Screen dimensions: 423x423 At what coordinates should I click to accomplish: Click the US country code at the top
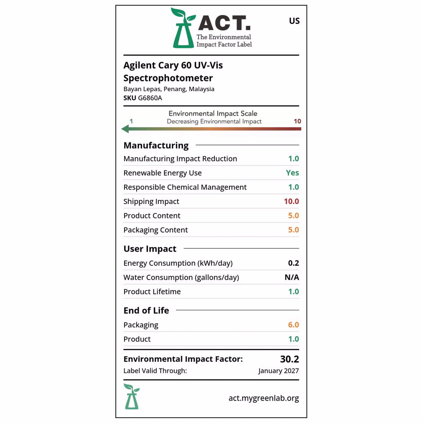pos(294,21)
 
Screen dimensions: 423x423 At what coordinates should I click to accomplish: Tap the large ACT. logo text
pos(224,23)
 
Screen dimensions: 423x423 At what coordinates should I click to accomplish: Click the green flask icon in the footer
pos(131,396)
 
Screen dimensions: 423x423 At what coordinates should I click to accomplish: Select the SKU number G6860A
pos(150,98)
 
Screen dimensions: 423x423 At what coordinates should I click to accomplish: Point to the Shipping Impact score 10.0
pos(291,201)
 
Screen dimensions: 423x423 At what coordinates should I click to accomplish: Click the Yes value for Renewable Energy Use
pos(292,173)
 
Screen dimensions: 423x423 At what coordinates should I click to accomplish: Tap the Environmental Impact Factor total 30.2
pos(289,359)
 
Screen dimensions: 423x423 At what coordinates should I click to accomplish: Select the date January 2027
pos(278,371)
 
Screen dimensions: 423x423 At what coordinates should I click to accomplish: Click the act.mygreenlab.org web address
pos(264,398)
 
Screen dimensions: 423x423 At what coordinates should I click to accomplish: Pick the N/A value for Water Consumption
pos(292,277)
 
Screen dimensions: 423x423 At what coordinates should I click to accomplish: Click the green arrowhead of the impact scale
pos(125,129)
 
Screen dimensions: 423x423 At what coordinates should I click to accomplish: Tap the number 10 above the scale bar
pos(297,121)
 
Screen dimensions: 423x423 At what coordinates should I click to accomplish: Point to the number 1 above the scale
pos(131,121)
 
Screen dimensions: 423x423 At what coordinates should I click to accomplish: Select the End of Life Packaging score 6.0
pos(293,325)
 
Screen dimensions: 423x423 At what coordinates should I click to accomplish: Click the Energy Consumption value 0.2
pos(293,263)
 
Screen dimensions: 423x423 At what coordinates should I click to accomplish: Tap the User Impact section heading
pos(150,249)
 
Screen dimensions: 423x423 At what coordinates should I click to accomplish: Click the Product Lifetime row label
pos(152,292)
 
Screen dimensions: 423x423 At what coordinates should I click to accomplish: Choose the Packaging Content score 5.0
pos(293,230)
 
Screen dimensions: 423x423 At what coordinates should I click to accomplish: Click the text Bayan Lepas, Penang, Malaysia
pos(169,89)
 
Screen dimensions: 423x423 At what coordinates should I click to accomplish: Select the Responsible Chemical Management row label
pos(185,187)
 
